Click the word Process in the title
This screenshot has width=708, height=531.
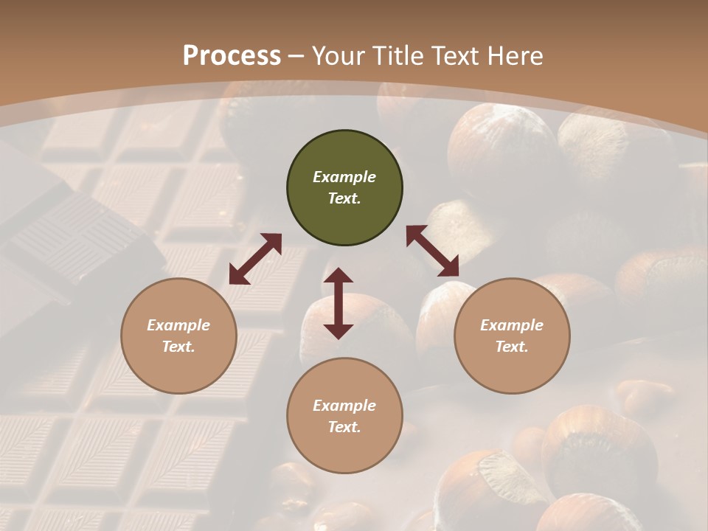[x=232, y=56]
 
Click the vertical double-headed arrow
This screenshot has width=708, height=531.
[x=339, y=303]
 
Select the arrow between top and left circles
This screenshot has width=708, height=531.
[x=255, y=259]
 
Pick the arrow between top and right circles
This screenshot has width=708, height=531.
[x=432, y=251]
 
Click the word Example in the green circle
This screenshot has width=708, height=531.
[x=344, y=177]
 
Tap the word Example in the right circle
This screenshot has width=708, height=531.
[x=512, y=325]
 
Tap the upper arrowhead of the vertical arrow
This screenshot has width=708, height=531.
[x=339, y=276]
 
